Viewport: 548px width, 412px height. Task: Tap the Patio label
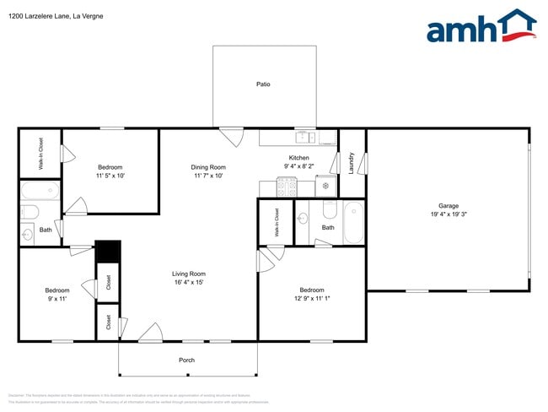tap(263, 84)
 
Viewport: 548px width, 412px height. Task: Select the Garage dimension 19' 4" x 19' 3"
tap(448, 214)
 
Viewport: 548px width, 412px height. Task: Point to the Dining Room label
tap(208, 167)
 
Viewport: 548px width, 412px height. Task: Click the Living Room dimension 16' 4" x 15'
tap(189, 282)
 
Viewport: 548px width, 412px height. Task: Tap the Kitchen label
tap(298, 158)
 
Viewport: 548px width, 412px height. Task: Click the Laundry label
tap(351, 164)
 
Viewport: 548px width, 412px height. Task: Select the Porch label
tap(187, 360)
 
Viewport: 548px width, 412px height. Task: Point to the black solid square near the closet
tap(108, 252)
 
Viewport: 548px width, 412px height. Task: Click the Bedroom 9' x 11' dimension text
tap(57, 300)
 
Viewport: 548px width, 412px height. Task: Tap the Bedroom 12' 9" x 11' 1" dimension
tap(312, 300)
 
